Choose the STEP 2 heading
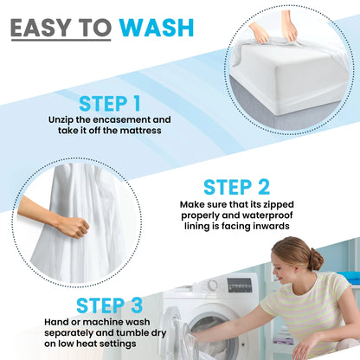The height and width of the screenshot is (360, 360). point(237,187)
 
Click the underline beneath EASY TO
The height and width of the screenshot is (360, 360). point(60,41)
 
